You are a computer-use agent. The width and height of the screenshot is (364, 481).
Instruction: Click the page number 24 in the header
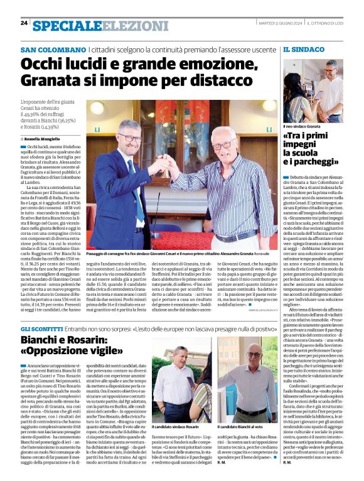tap(24, 23)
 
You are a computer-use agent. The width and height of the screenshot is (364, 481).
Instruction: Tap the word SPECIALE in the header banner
tap(67, 26)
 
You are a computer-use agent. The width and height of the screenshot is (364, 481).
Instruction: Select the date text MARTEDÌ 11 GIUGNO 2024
tap(276, 24)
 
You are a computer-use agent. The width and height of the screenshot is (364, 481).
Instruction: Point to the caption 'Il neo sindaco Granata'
tap(307, 126)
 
